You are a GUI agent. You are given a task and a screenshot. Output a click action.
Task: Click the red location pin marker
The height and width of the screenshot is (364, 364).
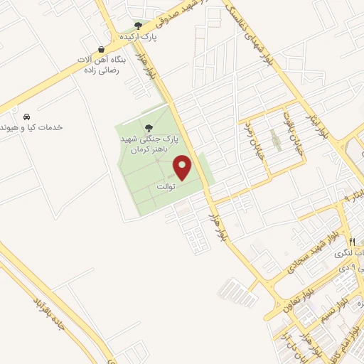(183, 168)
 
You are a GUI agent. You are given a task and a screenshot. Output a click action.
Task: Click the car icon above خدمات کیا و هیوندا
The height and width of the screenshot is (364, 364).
(26, 116)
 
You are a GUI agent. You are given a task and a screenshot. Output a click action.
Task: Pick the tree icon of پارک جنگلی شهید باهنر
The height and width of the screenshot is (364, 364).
(148, 128)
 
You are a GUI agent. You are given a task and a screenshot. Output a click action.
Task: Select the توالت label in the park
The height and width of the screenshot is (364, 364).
(166, 186)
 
